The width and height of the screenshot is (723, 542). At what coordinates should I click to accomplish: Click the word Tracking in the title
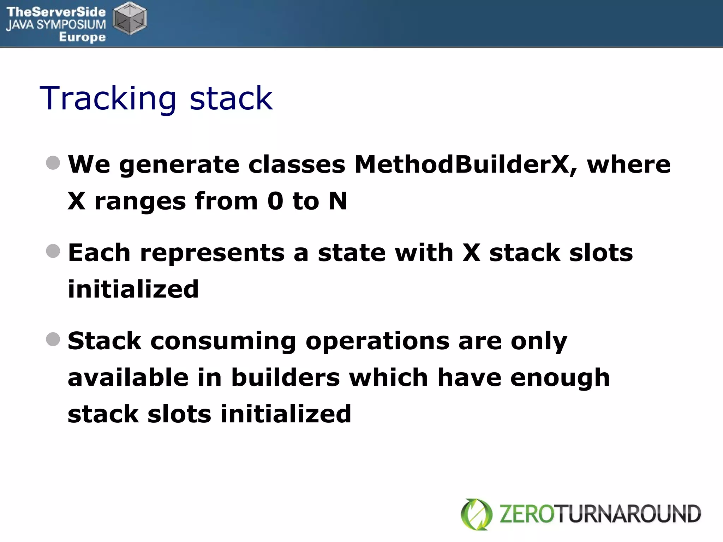click(108, 98)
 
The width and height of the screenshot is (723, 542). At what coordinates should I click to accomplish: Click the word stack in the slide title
click(231, 98)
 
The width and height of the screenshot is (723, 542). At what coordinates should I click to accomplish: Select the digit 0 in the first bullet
click(275, 201)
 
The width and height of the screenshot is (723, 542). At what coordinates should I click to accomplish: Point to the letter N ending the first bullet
click(338, 201)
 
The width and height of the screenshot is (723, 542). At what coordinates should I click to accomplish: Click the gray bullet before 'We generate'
click(53, 163)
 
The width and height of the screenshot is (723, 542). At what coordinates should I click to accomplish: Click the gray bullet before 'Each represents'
click(53, 251)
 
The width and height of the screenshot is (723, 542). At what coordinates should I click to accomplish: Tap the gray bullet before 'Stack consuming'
click(53, 339)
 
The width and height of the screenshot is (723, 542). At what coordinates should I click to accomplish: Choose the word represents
click(212, 253)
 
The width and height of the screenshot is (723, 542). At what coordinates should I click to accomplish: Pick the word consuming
click(223, 342)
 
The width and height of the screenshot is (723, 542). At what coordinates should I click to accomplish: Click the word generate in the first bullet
click(179, 165)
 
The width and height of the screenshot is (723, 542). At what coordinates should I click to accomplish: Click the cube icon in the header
click(130, 18)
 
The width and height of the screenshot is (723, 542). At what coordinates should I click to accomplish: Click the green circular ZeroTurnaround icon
click(477, 514)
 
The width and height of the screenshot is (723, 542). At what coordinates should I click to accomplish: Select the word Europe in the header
click(82, 37)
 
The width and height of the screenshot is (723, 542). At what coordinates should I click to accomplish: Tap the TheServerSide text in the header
click(56, 12)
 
